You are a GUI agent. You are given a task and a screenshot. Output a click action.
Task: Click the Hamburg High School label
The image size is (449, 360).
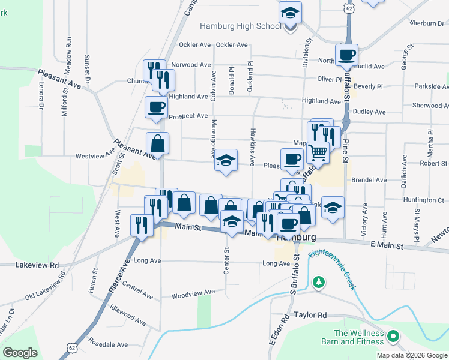240,26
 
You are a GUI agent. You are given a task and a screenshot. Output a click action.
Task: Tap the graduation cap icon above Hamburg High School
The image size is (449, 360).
291,13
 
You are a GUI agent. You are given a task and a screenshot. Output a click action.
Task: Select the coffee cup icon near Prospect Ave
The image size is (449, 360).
156,107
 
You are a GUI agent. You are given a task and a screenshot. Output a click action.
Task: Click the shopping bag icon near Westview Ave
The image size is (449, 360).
157,143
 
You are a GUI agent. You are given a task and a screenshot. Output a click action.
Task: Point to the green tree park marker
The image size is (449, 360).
319,281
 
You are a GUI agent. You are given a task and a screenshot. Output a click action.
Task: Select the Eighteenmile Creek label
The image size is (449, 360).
332,269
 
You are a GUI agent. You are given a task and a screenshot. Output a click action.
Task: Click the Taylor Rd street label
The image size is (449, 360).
310,315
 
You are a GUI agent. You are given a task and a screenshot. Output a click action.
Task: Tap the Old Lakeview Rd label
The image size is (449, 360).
45,289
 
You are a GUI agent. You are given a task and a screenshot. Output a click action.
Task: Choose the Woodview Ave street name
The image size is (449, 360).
193,293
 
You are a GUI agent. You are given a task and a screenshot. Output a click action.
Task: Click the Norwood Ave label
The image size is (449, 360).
191,65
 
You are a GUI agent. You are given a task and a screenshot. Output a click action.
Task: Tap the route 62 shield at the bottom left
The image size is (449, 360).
72,347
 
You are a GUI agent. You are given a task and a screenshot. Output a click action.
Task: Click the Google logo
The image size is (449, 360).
20,353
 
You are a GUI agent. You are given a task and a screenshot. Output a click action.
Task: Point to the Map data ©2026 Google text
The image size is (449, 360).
411,355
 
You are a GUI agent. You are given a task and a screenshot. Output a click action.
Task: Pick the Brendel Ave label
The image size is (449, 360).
369,180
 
